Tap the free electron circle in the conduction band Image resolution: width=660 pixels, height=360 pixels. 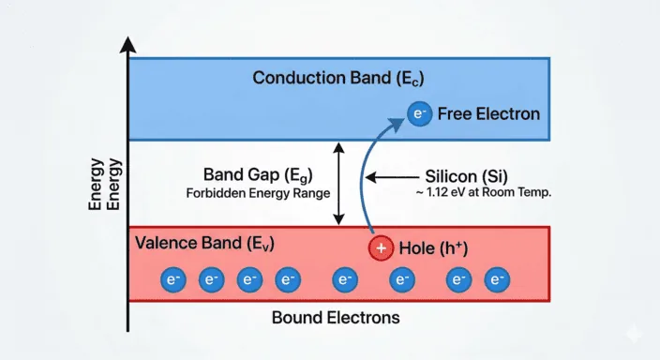[418, 114]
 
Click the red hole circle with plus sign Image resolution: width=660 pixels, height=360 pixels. [381, 248]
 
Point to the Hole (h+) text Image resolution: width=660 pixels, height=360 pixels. [434, 248]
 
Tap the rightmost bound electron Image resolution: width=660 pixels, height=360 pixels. [496, 279]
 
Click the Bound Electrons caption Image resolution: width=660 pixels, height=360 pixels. [335, 317]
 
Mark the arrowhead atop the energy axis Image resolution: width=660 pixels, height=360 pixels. [129, 44]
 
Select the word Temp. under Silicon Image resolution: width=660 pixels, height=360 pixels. [531, 194]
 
